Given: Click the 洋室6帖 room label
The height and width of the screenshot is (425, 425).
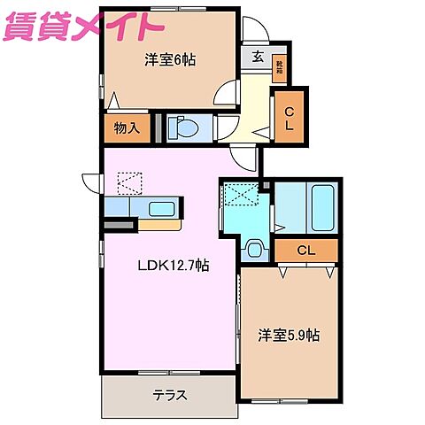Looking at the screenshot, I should [x=170, y=60].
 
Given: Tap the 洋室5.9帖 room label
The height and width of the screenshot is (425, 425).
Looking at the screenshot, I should [x=290, y=336].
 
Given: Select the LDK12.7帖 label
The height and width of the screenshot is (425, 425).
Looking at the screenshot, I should [x=172, y=265].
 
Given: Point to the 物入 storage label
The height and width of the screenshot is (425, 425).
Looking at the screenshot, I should [x=127, y=128].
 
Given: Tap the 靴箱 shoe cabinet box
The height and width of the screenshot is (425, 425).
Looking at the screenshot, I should [x=281, y=66].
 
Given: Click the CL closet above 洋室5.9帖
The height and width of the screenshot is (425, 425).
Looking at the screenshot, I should [x=305, y=251].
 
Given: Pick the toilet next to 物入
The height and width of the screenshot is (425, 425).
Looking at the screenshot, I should [x=184, y=127].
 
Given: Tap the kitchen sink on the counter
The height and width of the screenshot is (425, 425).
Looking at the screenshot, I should [x=161, y=209].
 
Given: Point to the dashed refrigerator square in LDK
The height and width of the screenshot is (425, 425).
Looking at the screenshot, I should [x=129, y=182].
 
